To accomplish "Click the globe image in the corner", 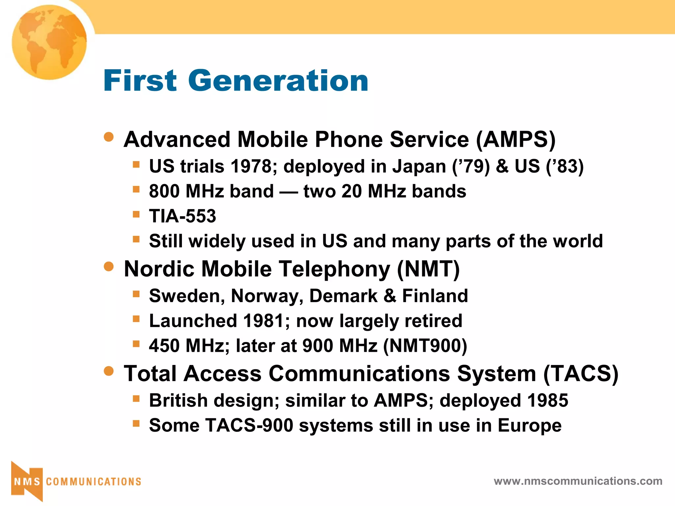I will (49, 42).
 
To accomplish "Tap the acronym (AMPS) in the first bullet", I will (516, 140).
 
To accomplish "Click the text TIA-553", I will (182, 216).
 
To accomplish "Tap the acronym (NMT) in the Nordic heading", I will (428, 269).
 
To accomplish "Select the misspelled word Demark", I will (343, 296).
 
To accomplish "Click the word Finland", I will (435, 296).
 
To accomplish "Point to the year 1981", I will (263, 321).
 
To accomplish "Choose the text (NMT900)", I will (425, 346).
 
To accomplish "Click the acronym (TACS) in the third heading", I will (580, 374).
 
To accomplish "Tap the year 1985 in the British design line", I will (547, 401).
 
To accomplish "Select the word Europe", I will (529, 426).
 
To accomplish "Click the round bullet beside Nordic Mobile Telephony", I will (108, 267).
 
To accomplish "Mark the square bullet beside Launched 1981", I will (136, 319).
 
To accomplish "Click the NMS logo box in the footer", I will (27, 481).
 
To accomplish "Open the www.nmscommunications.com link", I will (578, 481).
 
